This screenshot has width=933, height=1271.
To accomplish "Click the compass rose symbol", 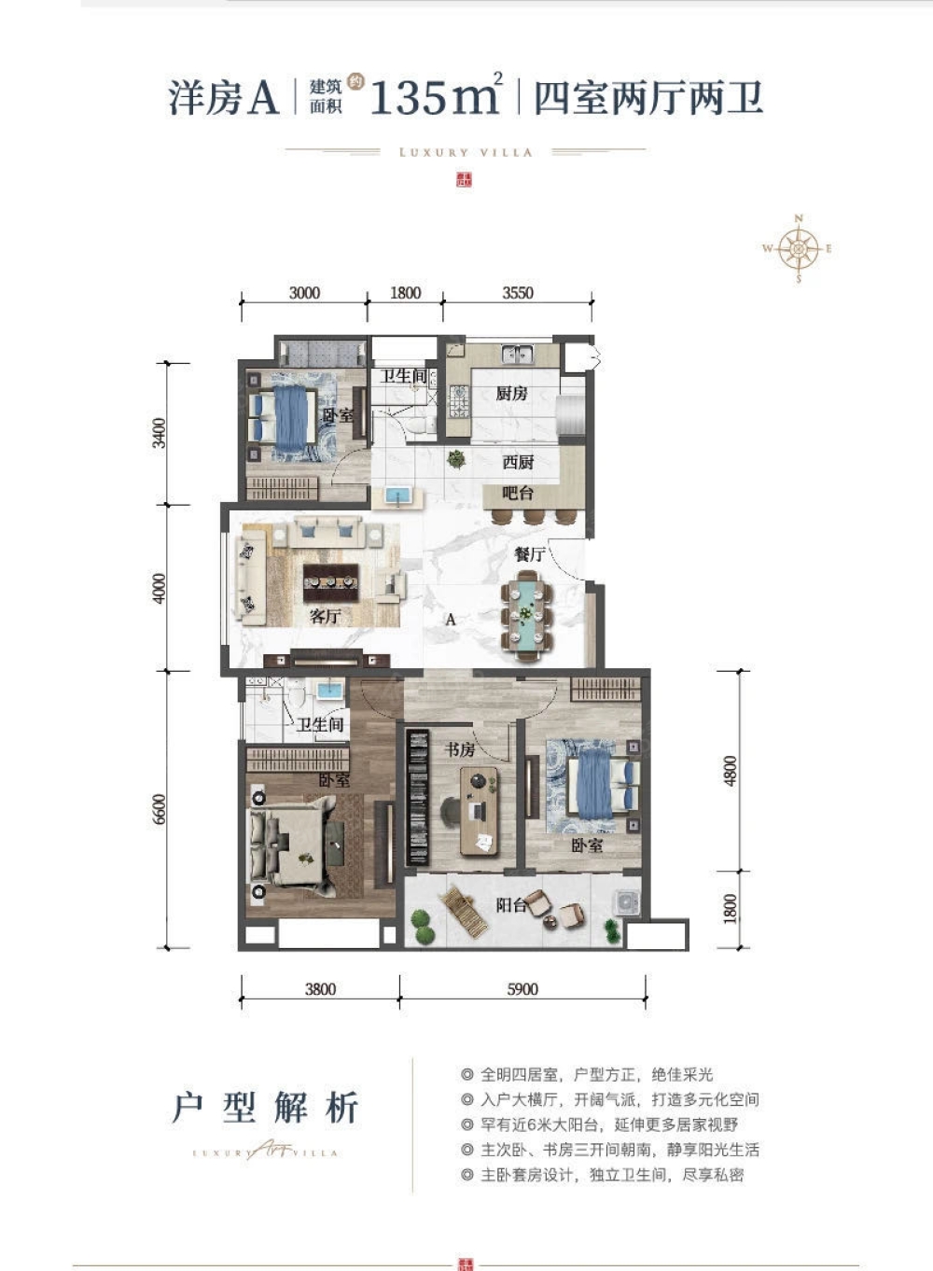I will [x=798, y=249].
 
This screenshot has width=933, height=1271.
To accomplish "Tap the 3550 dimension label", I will [x=518, y=293].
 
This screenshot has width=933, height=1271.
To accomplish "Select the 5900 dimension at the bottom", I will [x=522, y=989].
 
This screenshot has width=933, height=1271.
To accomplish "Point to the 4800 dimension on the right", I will [x=731, y=771].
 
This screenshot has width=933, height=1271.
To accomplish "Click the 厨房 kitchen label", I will [x=511, y=394].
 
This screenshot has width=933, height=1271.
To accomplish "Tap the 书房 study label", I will [x=459, y=749].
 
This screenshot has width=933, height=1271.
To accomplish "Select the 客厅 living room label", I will [x=325, y=616].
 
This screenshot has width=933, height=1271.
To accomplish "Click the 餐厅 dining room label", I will [x=529, y=554].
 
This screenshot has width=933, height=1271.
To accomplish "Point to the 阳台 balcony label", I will [x=510, y=904].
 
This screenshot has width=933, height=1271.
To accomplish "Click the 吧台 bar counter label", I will [x=517, y=492].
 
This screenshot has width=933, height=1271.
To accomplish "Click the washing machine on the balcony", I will [x=624, y=903].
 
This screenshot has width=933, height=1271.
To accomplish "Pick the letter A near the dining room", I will [x=451, y=619].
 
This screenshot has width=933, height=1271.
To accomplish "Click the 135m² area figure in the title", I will [x=436, y=96].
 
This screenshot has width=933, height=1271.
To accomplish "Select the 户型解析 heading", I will [x=266, y=1108].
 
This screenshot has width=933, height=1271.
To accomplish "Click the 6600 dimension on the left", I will [x=160, y=809].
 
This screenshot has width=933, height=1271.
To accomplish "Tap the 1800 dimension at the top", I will [x=405, y=293].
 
